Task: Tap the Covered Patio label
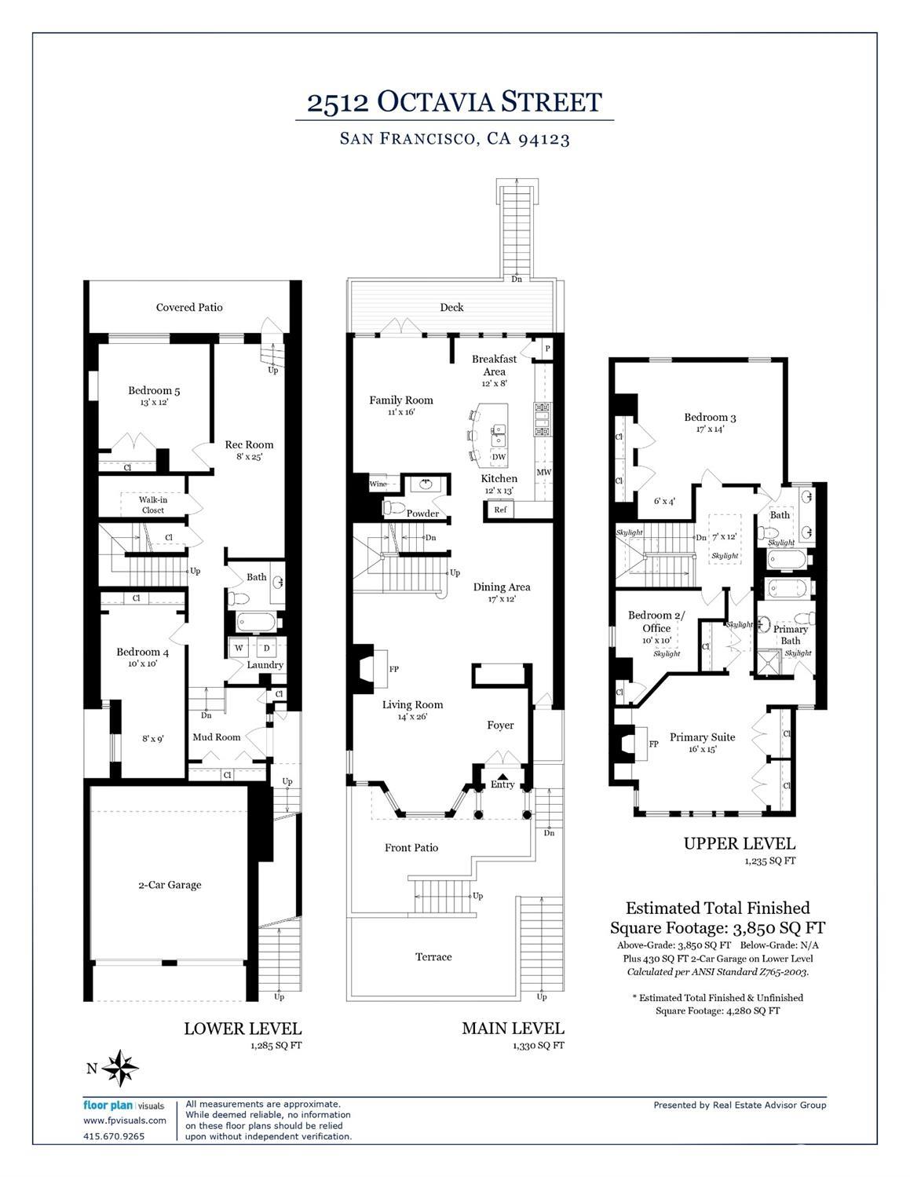pos(189,307)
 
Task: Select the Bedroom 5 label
pos(154,390)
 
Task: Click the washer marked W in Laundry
pos(239,648)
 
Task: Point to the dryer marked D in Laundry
pos(266,648)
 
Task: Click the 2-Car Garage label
pos(170,885)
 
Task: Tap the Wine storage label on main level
pos(378,484)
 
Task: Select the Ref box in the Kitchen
pos(500,509)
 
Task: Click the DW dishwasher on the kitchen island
pos(499,457)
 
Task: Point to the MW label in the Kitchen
pos(544,472)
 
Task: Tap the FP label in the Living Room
pos(394,669)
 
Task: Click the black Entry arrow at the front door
pos(503,776)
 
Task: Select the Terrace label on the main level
pos(433,957)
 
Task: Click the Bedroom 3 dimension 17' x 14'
pos(710,429)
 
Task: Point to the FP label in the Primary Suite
pos(654,744)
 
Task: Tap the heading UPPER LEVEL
pos(740,843)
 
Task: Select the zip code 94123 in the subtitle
pos(544,139)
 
